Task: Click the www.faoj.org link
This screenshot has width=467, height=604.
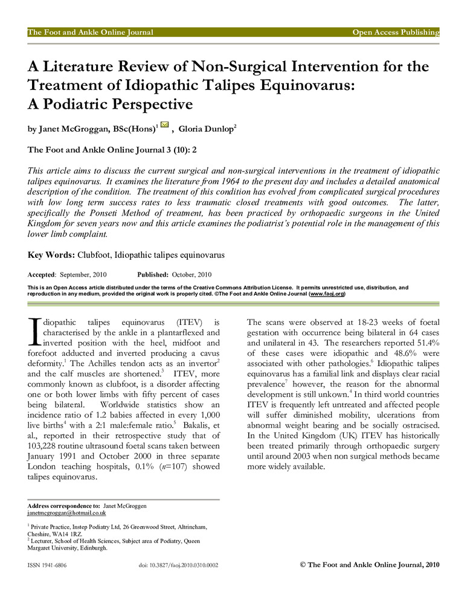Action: point(327,294)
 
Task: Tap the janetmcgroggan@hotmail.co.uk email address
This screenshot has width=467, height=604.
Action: point(66,513)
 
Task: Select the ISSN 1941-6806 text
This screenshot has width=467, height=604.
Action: point(47,566)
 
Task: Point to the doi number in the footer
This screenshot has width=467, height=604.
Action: point(178,566)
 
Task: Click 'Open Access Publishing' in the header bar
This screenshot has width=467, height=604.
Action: point(396,32)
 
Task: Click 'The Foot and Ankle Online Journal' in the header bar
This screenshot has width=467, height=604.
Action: point(91,32)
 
